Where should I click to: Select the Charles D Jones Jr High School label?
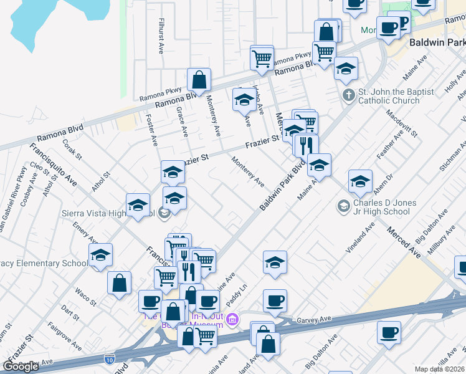tap(381, 207)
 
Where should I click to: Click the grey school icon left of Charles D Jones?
tap(343, 205)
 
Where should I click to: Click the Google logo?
tap(21, 367)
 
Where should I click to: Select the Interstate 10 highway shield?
tap(110, 359)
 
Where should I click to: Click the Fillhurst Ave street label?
tap(161, 35)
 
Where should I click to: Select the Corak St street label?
tap(72, 149)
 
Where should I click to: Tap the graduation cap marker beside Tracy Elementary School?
tap(100, 256)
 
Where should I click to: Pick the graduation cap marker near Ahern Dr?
tap(360, 182)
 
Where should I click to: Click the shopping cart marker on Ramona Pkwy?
tap(262, 59)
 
